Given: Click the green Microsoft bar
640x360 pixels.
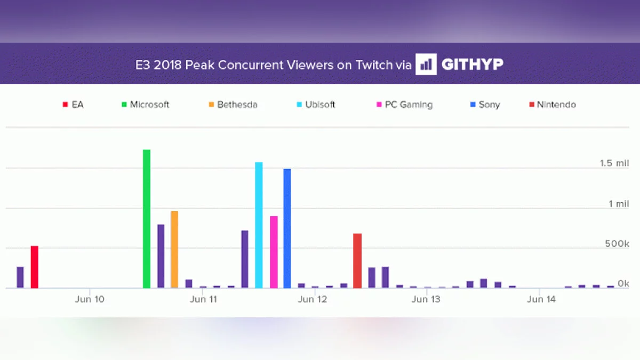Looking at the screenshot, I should [x=147, y=219].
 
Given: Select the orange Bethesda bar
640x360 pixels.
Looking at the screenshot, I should [x=174, y=250].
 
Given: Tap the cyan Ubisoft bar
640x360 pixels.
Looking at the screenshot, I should [x=259, y=225].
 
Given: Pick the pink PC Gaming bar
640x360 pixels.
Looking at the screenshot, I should [x=274, y=252].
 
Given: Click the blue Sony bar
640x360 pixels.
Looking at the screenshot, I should [x=287, y=228].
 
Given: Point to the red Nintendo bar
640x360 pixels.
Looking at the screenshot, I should [x=357, y=261].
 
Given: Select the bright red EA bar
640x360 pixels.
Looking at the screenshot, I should [x=35, y=267].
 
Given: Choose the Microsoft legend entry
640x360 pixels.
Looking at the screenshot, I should [x=145, y=105].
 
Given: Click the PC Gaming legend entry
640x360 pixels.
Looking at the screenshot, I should [x=404, y=105].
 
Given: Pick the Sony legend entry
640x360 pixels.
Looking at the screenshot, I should [x=485, y=105].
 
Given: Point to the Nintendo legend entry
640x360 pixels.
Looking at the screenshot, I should [x=553, y=105].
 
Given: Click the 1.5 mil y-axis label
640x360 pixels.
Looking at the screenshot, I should [x=614, y=163].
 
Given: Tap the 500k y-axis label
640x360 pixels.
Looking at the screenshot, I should [x=617, y=244].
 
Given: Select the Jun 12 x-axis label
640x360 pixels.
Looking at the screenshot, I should [x=313, y=299].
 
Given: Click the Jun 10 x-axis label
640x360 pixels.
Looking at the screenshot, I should [x=90, y=299].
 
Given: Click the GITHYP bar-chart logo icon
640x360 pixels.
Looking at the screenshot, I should [x=426, y=65].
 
